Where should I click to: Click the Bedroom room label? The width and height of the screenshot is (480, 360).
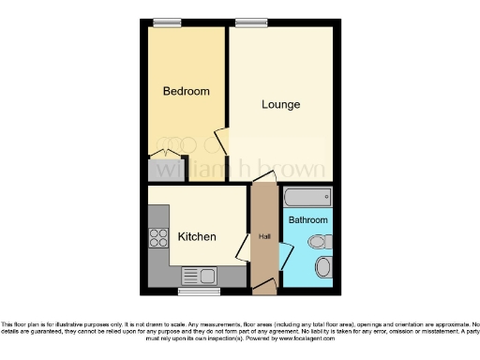(x=186, y=91)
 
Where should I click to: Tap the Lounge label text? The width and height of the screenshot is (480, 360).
(x=280, y=104)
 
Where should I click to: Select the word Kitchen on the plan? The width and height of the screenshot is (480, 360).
(x=197, y=237)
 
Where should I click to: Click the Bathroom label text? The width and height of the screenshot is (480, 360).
(x=307, y=220)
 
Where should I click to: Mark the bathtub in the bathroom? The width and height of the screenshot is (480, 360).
(x=307, y=197)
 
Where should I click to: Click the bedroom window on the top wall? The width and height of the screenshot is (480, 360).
(x=168, y=22)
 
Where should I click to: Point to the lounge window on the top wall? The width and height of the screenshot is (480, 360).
(x=248, y=22)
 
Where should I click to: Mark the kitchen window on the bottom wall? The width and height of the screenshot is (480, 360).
(x=205, y=292)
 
